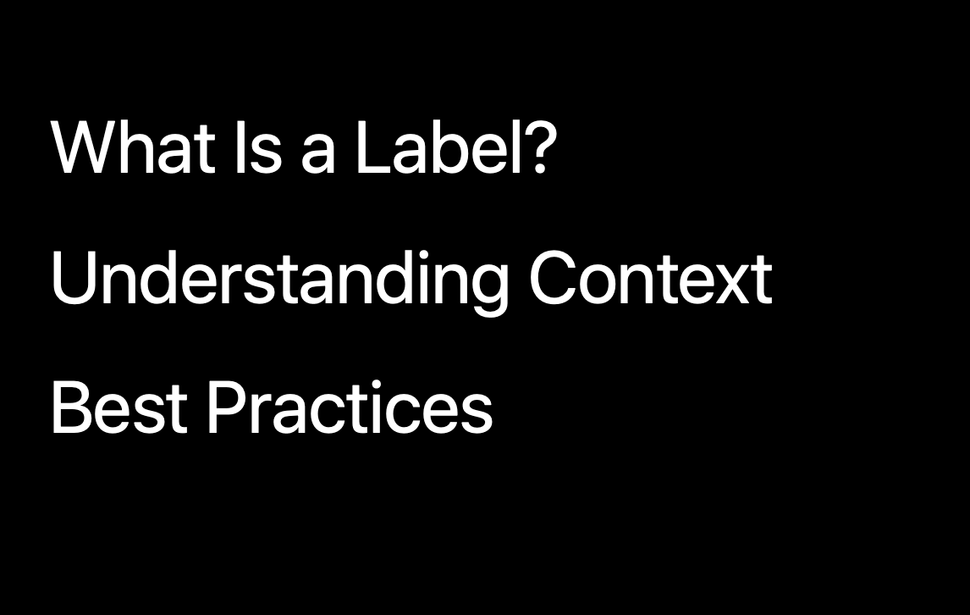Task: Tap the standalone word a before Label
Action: pos(318,156)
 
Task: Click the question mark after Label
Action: pos(540,147)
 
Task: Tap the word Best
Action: pos(119,407)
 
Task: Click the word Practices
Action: pos(350,407)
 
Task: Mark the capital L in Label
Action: pos(375,147)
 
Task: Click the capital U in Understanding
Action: pos(74,278)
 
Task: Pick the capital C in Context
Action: pos(554,278)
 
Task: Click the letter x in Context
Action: pos(731,285)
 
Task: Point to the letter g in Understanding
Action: pos(491,291)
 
